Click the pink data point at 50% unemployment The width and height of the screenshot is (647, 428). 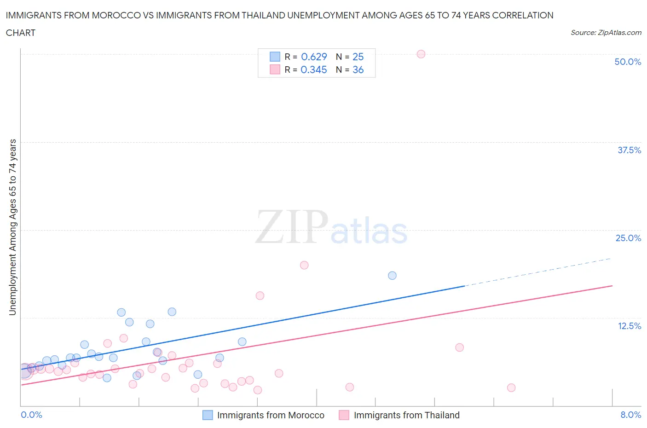coord(421,54)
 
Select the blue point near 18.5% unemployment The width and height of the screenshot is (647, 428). coord(392,275)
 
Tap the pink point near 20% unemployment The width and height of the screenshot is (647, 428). coord(304,265)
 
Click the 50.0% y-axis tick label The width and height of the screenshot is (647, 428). coord(628,62)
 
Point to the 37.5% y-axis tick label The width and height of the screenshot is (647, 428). coord(629,150)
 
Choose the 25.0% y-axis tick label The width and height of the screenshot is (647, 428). coord(628,238)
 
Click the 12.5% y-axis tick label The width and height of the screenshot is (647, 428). coord(629,326)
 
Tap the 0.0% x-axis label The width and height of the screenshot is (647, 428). coord(31,415)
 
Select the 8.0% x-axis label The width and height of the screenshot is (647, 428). coord(630,415)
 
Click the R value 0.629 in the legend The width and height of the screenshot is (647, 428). coord(314,57)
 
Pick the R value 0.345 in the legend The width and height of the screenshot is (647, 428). coord(314,69)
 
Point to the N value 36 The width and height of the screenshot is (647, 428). coord(358,69)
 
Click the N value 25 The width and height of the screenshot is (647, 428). coord(358,57)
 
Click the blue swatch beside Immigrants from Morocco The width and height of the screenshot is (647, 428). coord(208,415)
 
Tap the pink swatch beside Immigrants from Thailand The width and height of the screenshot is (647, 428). coord(344,415)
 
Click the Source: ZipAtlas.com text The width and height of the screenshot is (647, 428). coord(606,32)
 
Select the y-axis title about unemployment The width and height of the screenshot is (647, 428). coord(12,227)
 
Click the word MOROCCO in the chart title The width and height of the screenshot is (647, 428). coord(119,15)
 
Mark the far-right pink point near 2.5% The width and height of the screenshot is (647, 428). coord(511,388)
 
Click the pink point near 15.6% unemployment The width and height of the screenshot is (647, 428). coord(260,295)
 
